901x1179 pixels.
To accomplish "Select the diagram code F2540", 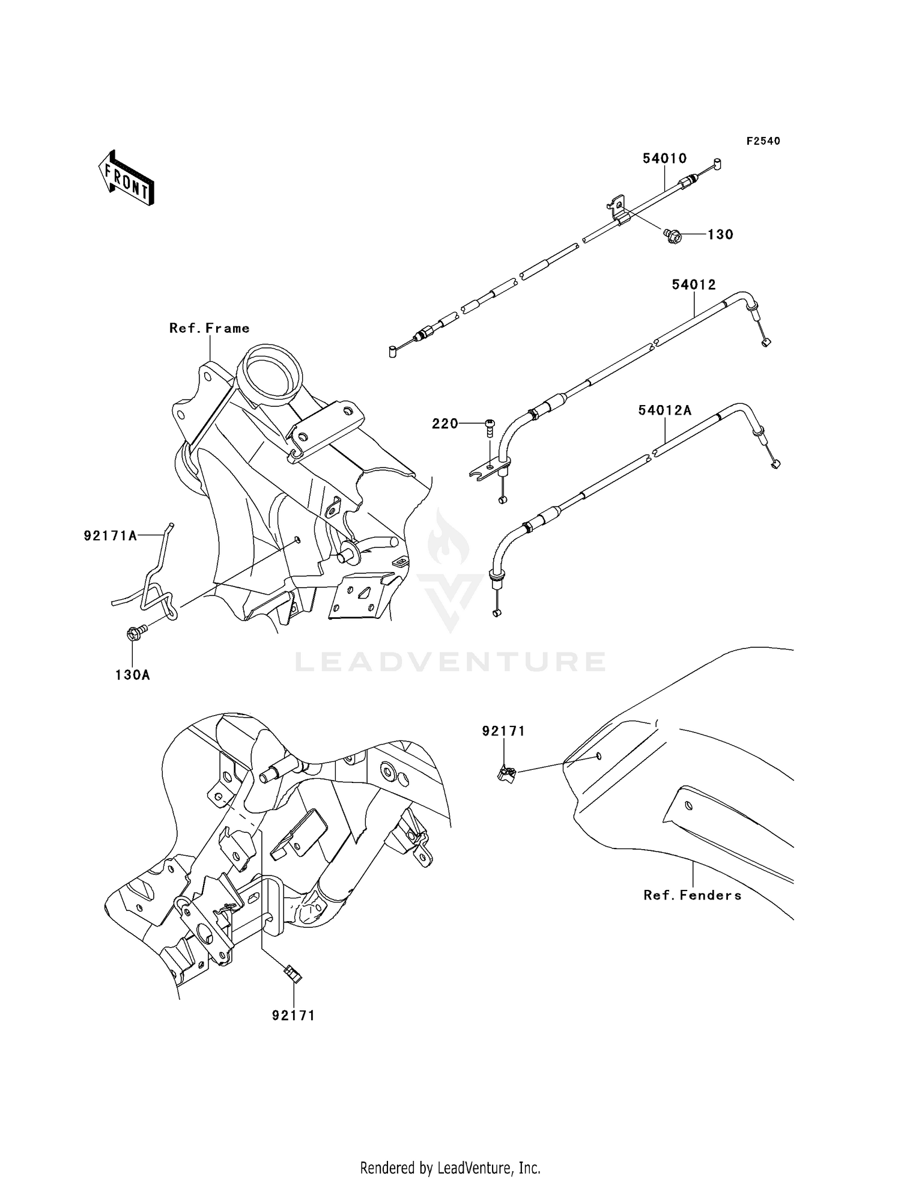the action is (x=763, y=141).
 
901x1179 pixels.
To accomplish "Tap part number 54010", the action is (x=664, y=158).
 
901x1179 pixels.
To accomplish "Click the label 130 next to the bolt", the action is (x=720, y=234).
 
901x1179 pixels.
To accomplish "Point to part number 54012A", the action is (x=664, y=410).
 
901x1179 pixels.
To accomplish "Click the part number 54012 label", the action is (x=694, y=284).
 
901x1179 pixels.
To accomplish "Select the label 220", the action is (x=445, y=424).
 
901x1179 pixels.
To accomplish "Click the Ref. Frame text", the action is (x=209, y=328).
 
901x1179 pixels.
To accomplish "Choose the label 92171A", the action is (x=111, y=535).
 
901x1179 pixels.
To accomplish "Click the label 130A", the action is (x=133, y=675).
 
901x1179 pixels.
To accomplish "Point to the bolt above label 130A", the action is (x=136, y=633).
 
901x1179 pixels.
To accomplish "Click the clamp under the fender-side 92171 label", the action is (x=506, y=773).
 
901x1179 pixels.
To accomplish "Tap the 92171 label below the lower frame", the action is (x=293, y=1016).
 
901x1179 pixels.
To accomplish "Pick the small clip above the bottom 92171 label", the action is (x=292, y=972).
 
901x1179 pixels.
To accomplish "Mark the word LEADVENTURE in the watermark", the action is (x=450, y=662).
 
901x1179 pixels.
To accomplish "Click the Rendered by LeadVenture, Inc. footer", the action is (x=450, y=1168).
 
